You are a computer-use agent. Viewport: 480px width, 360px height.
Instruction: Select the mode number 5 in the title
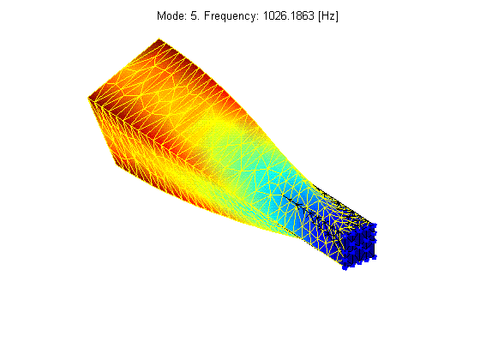(194, 15)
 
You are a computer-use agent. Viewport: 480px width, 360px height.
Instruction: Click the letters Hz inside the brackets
(328, 15)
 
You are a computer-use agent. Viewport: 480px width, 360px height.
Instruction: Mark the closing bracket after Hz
(337, 16)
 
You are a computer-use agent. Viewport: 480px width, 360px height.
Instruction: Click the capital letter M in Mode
(161, 15)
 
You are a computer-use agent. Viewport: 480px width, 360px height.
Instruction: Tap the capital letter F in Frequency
(207, 15)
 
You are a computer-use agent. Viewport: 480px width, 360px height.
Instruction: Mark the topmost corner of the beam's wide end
(159, 39)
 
